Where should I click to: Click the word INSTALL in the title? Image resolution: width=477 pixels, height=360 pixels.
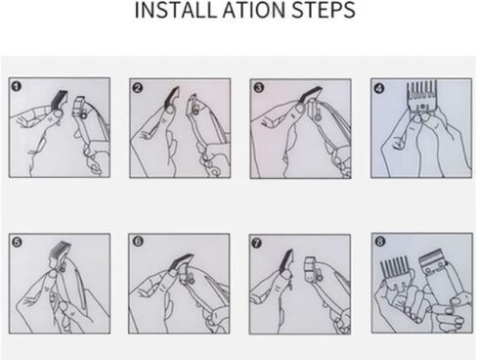point(176,10)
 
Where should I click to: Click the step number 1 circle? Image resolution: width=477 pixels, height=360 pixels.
point(16,87)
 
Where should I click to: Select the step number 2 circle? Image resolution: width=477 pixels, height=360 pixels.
point(138,88)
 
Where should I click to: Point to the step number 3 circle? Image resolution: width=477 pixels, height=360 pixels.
point(259,88)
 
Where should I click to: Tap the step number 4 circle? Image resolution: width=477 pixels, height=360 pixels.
point(379,88)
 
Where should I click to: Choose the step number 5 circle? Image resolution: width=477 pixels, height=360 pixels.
point(17,243)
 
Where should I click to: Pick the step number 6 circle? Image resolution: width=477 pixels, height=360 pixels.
point(138,242)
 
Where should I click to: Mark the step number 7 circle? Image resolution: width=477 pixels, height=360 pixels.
point(257,243)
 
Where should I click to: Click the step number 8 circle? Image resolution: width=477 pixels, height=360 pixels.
point(380,242)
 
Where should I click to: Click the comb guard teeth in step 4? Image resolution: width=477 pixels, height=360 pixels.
point(421,91)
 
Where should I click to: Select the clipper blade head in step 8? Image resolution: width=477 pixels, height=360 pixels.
point(433,260)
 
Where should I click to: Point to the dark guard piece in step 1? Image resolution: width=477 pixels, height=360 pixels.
point(60,99)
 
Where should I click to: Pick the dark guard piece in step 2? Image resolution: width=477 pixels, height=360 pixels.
point(172,97)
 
